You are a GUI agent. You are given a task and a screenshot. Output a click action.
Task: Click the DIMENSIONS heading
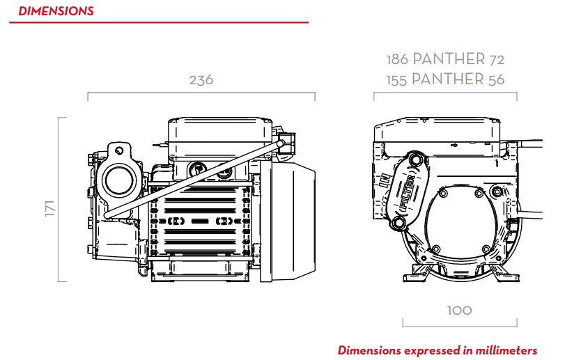56,11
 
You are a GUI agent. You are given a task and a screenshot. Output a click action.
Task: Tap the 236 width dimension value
201,80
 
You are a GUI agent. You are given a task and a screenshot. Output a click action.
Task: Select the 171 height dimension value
49,208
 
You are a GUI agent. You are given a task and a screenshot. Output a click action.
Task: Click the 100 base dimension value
459,311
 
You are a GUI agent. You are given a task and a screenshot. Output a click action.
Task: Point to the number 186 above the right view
397,59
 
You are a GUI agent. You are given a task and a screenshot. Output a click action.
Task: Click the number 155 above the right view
396,80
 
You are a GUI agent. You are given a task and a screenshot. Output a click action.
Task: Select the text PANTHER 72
458,59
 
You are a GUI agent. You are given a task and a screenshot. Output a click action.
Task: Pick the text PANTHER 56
458,79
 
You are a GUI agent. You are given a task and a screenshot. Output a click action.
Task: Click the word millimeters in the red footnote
506,350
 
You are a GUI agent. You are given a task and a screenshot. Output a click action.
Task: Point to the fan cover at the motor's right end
288,221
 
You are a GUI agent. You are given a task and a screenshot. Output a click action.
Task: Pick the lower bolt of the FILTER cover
398,223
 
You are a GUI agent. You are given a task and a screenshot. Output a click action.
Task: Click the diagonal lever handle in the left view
194,180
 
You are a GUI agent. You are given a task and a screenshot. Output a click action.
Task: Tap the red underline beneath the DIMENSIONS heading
159,23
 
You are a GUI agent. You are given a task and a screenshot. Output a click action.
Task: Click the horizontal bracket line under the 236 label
201,93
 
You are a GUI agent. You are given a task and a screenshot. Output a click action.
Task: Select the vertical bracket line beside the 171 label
59,199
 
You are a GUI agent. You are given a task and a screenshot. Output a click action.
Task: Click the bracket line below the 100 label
460,326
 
